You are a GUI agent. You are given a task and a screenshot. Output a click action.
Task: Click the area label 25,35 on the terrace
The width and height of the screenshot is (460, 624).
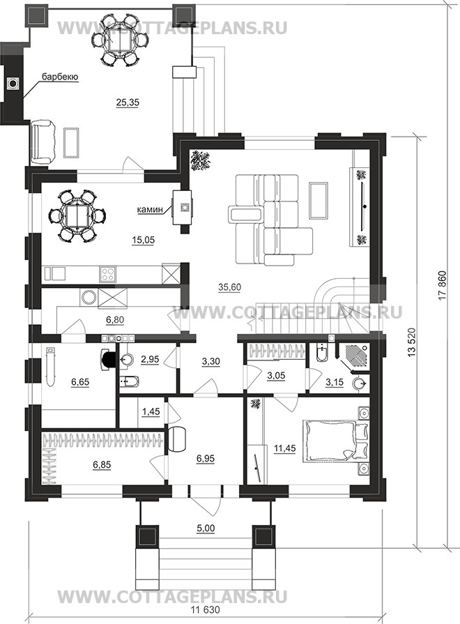[x=128, y=102]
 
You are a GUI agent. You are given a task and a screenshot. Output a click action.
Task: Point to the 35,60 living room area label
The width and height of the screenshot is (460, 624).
[x=229, y=287]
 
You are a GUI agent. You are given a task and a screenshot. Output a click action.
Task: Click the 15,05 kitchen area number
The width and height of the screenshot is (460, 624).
[x=143, y=240]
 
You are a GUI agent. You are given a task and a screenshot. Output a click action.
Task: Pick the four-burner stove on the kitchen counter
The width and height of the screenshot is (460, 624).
[x=107, y=274]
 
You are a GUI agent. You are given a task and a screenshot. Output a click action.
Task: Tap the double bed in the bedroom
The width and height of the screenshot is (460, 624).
[x=335, y=441]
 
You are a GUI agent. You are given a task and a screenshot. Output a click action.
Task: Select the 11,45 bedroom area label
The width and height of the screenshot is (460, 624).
[x=284, y=449]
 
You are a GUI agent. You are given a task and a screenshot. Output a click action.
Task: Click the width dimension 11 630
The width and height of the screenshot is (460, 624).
[x=206, y=610]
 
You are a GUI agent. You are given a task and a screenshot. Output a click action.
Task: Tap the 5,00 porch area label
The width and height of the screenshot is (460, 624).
[x=206, y=528]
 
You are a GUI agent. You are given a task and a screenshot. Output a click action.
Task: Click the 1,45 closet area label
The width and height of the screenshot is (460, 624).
[x=151, y=411]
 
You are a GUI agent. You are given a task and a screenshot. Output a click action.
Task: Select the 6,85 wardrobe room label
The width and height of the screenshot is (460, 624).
[x=102, y=464]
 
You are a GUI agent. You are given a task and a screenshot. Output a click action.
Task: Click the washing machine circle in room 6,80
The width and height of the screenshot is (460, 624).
[x=89, y=298]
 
